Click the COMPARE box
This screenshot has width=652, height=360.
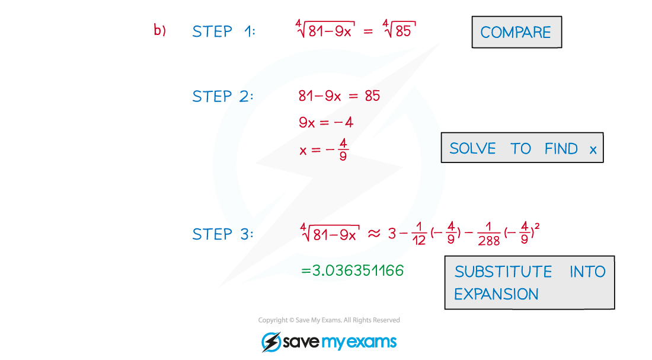[516, 32]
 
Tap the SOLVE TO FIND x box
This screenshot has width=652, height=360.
[522, 148]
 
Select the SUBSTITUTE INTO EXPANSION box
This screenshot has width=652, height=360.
[529, 282]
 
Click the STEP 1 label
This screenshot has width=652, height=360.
[223, 31]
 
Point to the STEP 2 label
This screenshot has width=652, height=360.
[222, 96]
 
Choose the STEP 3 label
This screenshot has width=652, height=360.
[222, 234]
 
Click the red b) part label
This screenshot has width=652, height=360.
[159, 30]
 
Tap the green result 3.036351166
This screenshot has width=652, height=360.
[352, 270]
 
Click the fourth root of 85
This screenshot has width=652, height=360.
[399, 28]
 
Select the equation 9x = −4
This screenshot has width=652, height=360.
[326, 122]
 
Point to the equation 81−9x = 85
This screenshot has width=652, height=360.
[339, 95]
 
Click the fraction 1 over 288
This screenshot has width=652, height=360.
[488, 234]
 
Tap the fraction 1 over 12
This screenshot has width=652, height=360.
[418, 234]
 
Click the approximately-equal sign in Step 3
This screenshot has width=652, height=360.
[374, 234]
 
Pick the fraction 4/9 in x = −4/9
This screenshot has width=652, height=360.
[343, 149]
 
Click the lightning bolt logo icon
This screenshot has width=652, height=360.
[271, 342]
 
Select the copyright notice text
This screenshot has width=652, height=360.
[329, 320]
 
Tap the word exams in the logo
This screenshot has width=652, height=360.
[371, 342]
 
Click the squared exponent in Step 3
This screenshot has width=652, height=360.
[537, 226]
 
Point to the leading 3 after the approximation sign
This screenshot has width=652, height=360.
[392, 234]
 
